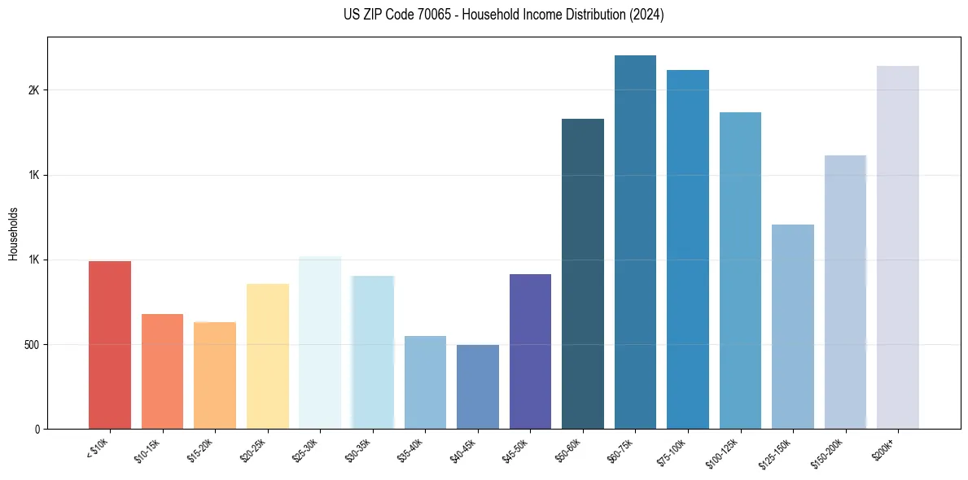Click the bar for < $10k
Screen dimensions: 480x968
pos(110,345)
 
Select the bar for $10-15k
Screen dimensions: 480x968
pos(162,371)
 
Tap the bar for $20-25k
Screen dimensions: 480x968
pos(267,356)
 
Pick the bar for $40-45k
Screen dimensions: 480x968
pos(477,386)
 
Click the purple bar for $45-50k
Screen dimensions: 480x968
pos(530,351)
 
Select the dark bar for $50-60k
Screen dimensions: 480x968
pos(583,273)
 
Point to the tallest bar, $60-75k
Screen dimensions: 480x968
pos(635,242)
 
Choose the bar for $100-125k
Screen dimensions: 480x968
pos(740,270)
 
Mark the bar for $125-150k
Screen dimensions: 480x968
pos(792,326)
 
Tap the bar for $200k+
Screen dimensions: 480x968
pos(897,247)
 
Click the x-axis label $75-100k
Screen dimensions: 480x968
pos(672,450)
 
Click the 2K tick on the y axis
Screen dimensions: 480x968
pos(33,90)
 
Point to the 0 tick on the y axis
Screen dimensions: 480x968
pos(36,430)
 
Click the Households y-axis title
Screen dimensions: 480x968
pos(13,233)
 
